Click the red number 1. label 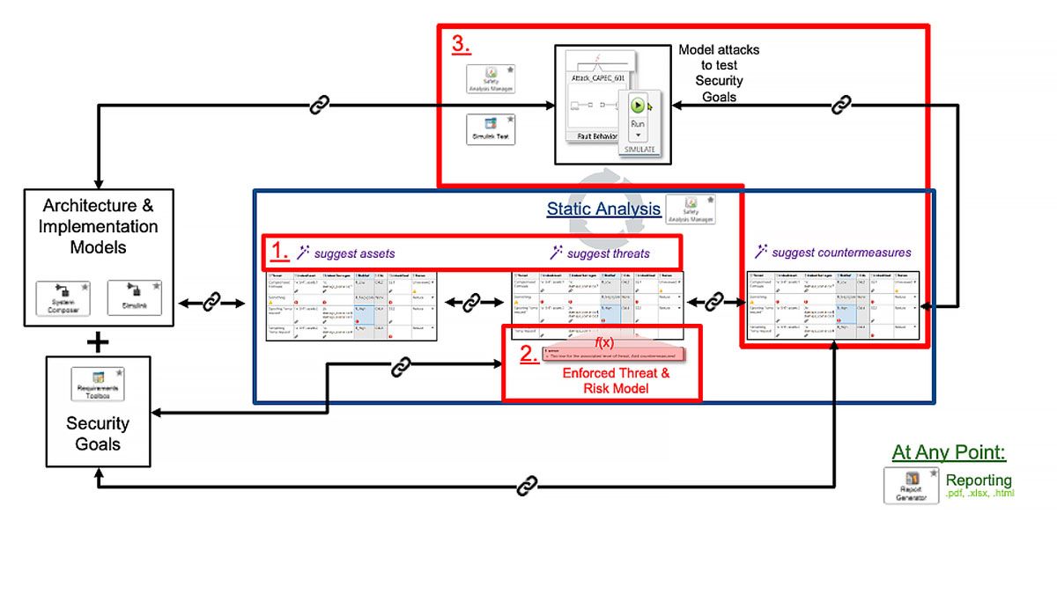[279, 252]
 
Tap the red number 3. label [462, 43]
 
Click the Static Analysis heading [603, 209]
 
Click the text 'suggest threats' [608, 254]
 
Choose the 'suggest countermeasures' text [841, 253]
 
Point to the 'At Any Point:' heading [949, 452]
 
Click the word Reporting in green [979, 480]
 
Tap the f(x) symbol [604, 342]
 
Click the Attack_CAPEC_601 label [598, 78]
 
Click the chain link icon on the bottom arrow [527, 485]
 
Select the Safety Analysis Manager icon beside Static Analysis [690, 210]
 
